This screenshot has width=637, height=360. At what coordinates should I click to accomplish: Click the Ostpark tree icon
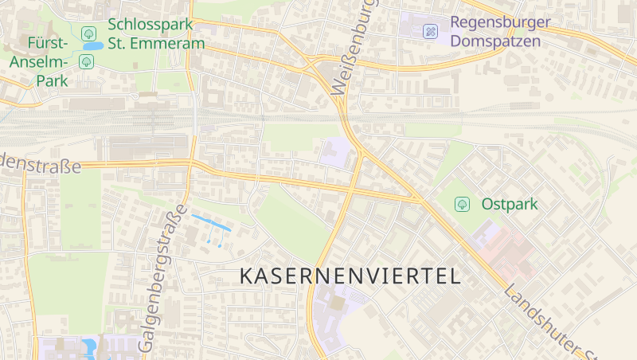pyautogui.click(x=462, y=205)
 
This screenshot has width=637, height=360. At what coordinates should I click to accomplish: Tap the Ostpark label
pyautogui.click(x=510, y=205)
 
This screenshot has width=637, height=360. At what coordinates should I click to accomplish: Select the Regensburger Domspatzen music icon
pyautogui.click(x=431, y=32)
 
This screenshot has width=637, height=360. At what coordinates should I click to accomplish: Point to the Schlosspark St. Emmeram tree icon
pyautogui.click(x=88, y=33)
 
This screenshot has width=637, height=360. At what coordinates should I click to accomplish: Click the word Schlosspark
pyautogui.click(x=151, y=25)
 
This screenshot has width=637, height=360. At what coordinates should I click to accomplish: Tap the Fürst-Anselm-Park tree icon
pyautogui.click(x=86, y=62)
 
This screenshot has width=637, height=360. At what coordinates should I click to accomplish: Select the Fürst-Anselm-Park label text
pyautogui.click(x=38, y=61)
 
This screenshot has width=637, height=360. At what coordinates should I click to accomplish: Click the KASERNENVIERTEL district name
pyautogui.click(x=350, y=276)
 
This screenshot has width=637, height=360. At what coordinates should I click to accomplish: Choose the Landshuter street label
pyautogui.click(x=549, y=319)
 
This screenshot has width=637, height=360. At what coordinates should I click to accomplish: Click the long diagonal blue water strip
pyautogui.click(x=211, y=222)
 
